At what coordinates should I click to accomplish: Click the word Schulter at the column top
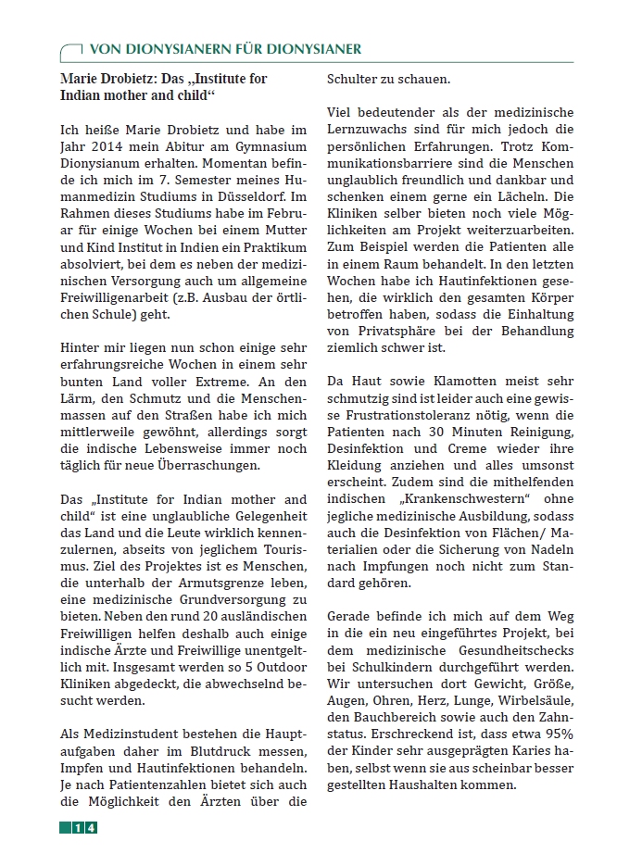[x=352, y=79]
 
